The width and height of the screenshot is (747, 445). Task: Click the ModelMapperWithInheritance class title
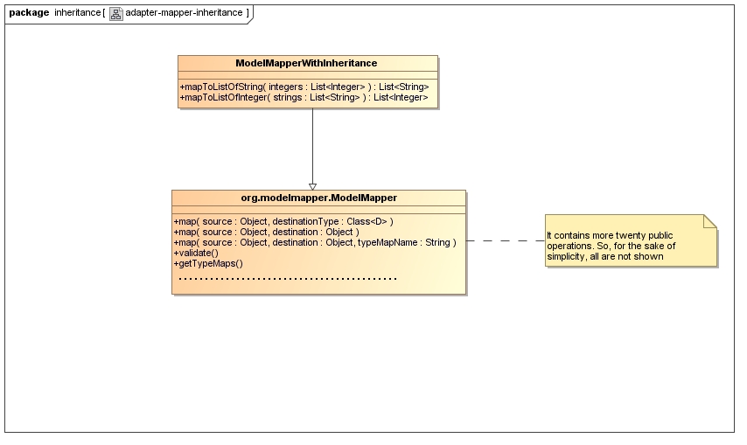pyautogui.click(x=306, y=63)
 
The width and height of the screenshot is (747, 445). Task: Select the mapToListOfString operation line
pyautogui.click(x=304, y=87)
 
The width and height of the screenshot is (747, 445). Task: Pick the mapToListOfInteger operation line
pyautogui.click(x=304, y=98)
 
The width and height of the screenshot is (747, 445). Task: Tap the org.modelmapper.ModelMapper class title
pyautogui.click(x=318, y=198)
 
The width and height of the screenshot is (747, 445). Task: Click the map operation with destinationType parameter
pyautogui.click(x=283, y=221)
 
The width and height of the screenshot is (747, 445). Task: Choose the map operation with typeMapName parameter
pyautogui.click(x=315, y=242)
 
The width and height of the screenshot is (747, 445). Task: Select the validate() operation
pyautogui.click(x=196, y=253)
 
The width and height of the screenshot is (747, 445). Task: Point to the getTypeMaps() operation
pyautogui.click(x=208, y=263)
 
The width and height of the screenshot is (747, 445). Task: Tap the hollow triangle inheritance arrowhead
pyautogui.click(x=312, y=186)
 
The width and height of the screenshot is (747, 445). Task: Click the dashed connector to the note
pyautogui.click(x=505, y=240)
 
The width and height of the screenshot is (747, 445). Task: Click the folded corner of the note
pyautogui.click(x=710, y=221)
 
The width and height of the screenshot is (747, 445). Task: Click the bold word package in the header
pyautogui.click(x=29, y=12)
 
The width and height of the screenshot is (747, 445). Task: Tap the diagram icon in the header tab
pyautogui.click(x=115, y=13)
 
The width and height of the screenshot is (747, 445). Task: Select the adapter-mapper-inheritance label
pyautogui.click(x=184, y=13)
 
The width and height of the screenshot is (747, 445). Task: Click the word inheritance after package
pyautogui.click(x=77, y=12)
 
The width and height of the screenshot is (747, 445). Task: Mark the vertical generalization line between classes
pyautogui.click(x=312, y=144)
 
